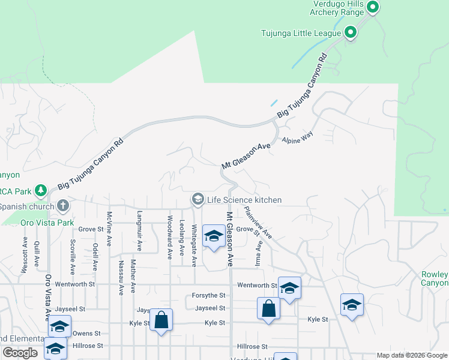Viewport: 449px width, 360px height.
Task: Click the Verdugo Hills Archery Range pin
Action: (372, 8)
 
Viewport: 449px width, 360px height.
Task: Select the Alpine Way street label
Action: (298, 137)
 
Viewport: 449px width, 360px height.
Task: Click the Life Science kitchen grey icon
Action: (197, 199)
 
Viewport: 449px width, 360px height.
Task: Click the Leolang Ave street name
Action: (182, 237)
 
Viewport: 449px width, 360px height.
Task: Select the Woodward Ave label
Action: (170, 236)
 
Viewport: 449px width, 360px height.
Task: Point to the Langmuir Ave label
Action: (140, 230)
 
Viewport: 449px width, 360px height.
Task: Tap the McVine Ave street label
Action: (109, 228)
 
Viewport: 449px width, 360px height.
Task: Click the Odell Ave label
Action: (95, 256)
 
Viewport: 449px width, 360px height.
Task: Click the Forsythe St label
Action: (208, 295)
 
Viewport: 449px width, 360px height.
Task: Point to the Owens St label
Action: (83, 333)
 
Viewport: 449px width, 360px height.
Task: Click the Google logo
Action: (20, 353)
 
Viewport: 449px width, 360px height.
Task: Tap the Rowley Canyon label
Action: (435, 278)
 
